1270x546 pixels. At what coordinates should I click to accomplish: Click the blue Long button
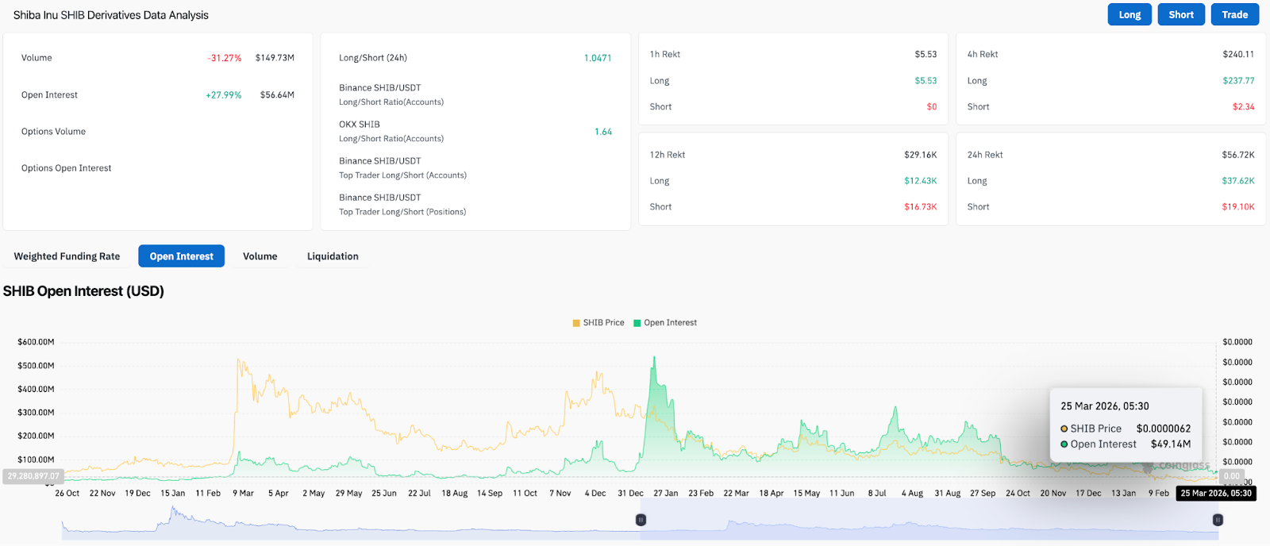(x=1129, y=14)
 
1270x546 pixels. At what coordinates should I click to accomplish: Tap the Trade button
(x=1234, y=14)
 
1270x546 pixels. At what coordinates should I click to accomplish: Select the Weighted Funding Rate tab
(x=67, y=256)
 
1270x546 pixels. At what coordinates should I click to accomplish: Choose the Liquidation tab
(x=333, y=256)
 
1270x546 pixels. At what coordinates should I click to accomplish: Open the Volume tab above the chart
(x=260, y=256)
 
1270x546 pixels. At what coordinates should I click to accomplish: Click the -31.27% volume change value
(x=225, y=58)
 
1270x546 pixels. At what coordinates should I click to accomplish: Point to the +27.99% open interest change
(x=223, y=95)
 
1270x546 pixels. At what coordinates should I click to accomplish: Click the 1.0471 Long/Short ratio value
(x=597, y=58)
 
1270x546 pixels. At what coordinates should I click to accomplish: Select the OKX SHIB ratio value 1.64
(x=602, y=132)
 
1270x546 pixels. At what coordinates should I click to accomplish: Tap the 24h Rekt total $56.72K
(x=1237, y=155)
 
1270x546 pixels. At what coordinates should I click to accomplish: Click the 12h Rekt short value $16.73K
(x=920, y=207)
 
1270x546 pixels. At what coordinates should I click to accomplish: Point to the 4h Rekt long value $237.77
(x=1238, y=81)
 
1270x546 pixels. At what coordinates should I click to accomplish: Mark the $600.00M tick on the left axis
(x=36, y=342)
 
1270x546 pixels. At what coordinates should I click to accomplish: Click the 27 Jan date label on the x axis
(x=665, y=494)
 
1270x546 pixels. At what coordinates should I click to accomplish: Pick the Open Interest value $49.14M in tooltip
(x=1170, y=444)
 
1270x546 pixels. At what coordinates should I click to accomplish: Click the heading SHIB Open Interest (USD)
(x=83, y=291)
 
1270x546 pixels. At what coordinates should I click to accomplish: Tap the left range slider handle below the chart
(x=641, y=520)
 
